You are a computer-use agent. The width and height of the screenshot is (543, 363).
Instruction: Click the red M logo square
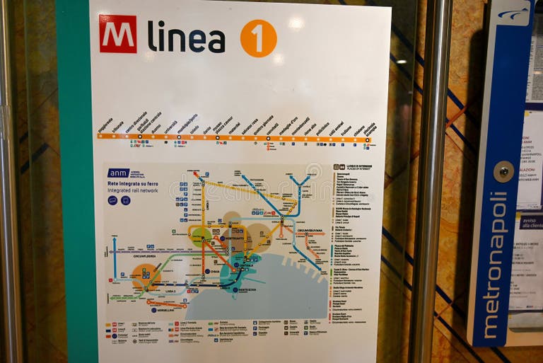coord(117,34)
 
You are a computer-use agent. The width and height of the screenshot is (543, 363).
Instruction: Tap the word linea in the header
coord(186,37)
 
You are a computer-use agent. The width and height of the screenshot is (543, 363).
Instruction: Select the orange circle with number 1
coord(258,38)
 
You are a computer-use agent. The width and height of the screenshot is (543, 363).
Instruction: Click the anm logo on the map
coord(117,173)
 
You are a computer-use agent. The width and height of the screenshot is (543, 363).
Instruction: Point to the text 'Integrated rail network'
coord(133,190)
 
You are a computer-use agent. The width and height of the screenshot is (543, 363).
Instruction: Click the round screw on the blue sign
coord(503,171)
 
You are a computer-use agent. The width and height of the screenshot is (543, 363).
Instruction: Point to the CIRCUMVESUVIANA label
coord(309,230)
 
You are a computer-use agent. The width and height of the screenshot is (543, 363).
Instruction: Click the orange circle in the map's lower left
coord(145,276)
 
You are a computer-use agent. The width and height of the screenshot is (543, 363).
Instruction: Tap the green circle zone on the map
coord(201,236)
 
